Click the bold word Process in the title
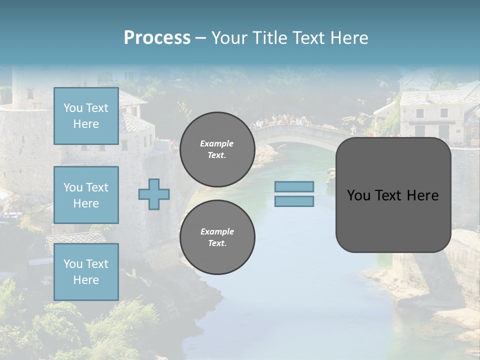pyautogui.click(x=157, y=38)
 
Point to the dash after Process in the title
pyautogui.click(x=200, y=38)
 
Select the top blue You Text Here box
pyautogui.click(x=86, y=116)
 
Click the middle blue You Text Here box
pyautogui.click(x=86, y=195)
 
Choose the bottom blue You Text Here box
pyautogui.click(x=86, y=272)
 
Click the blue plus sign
pyautogui.click(x=154, y=194)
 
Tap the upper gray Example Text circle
pyautogui.click(x=217, y=149)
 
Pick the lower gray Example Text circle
pyautogui.click(x=217, y=237)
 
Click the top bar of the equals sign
pyautogui.click(x=294, y=187)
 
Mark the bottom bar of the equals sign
pyautogui.click(x=294, y=201)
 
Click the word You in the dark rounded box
pyautogui.click(x=358, y=195)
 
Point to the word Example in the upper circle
pyautogui.click(x=217, y=143)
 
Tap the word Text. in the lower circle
pyautogui.click(x=216, y=243)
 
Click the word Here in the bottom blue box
pyautogui.click(x=86, y=280)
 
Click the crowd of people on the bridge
pyautogui.click(x=282, y=120)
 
